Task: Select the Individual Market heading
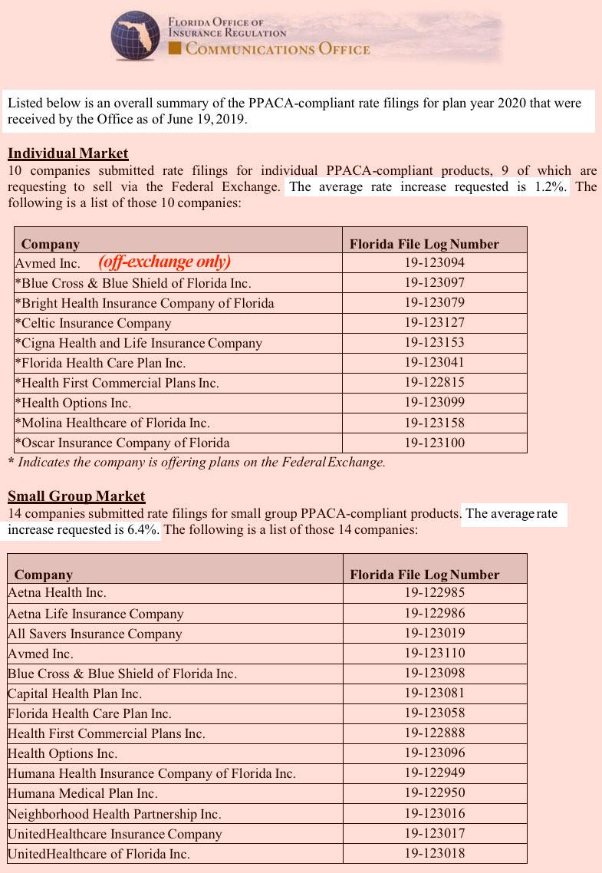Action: (67, 153)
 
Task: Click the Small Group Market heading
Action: (76, 496)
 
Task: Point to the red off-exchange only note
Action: (165, 262)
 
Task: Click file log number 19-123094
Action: (435, 262)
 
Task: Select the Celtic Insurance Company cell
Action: (93, 323)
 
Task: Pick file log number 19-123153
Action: (435, 342)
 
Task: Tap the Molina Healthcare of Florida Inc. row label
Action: (112, 423)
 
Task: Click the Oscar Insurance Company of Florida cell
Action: (122, 443)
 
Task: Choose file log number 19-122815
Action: (435, 382)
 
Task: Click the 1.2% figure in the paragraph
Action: (546, 187)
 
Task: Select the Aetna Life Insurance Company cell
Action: (96, 614)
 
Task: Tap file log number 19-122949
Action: (435, 773)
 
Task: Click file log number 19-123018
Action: (435, 853)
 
